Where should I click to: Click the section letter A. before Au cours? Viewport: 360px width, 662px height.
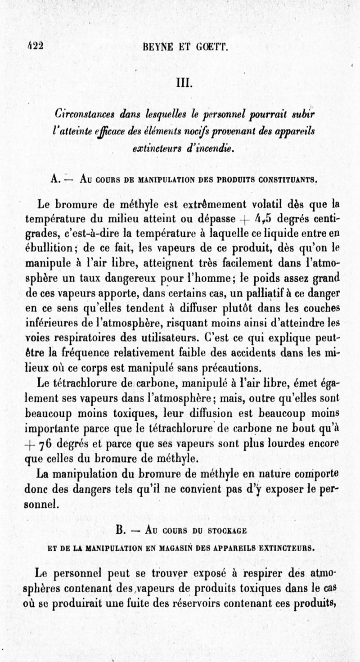pos(55,179)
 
